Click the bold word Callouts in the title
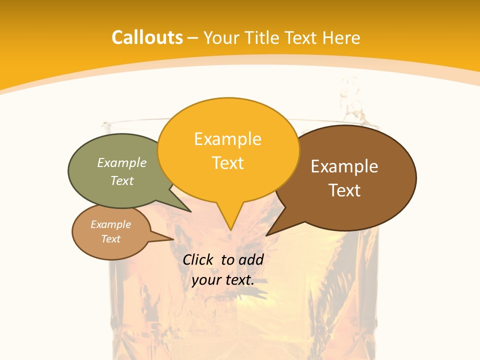click(147, 37)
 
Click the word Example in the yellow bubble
click(227, 139)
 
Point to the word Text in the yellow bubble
click(228, 163)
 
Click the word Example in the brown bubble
click(344, 166)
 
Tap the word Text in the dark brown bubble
click(344, 190)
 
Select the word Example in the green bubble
click(122, 162)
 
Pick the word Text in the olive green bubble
click(122, 180)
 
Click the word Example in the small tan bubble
click(110, 224)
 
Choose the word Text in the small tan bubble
click(110, 239)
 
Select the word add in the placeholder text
click(251, 259)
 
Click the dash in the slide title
click(193, 38)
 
